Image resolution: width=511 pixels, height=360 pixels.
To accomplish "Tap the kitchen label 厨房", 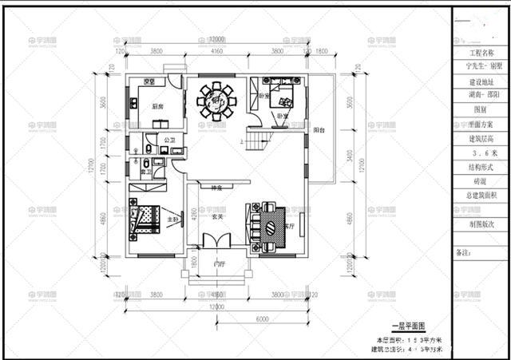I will click(x=147, y=106).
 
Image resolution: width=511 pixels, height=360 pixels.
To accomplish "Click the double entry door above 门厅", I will click(x=216, y=241).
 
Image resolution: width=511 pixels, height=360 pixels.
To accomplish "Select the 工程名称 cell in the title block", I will click(x=479, y=52).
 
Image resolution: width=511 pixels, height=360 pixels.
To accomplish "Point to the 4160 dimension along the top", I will click(x=216, y=51).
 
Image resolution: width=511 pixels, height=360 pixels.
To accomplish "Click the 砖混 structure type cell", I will click(x=479, y=182).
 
